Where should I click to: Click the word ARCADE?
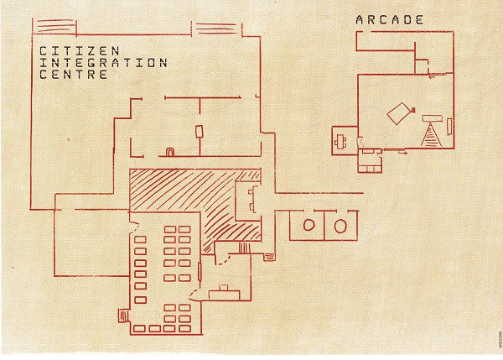(x=390, y=19)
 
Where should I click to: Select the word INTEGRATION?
(x=103, y=63)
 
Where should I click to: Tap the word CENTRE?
(x=74, y=75)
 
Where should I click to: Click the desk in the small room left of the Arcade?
(x=341, y=140)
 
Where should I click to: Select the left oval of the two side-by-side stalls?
(x=308, y=225)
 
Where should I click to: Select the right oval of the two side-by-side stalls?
(x=340, y=225)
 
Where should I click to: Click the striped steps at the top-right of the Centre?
(x=216, y=29)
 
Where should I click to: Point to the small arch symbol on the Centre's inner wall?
(x=169, y=152)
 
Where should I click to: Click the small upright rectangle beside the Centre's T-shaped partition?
(x=200, y=132)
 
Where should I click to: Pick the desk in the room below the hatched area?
(x=224, y=291)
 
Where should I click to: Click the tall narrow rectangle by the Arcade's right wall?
(x=449, y=127)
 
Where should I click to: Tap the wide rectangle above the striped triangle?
(x=433, y=115)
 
